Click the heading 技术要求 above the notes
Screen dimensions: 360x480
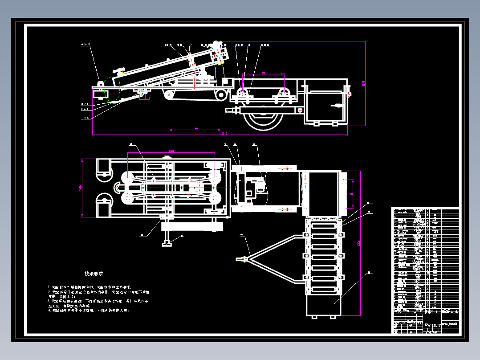94,274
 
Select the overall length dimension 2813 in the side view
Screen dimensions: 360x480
224,133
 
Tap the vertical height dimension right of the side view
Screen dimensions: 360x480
364,83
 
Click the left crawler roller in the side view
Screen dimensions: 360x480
169,95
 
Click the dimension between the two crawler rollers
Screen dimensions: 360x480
196,129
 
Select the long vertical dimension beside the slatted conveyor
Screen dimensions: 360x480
359,243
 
